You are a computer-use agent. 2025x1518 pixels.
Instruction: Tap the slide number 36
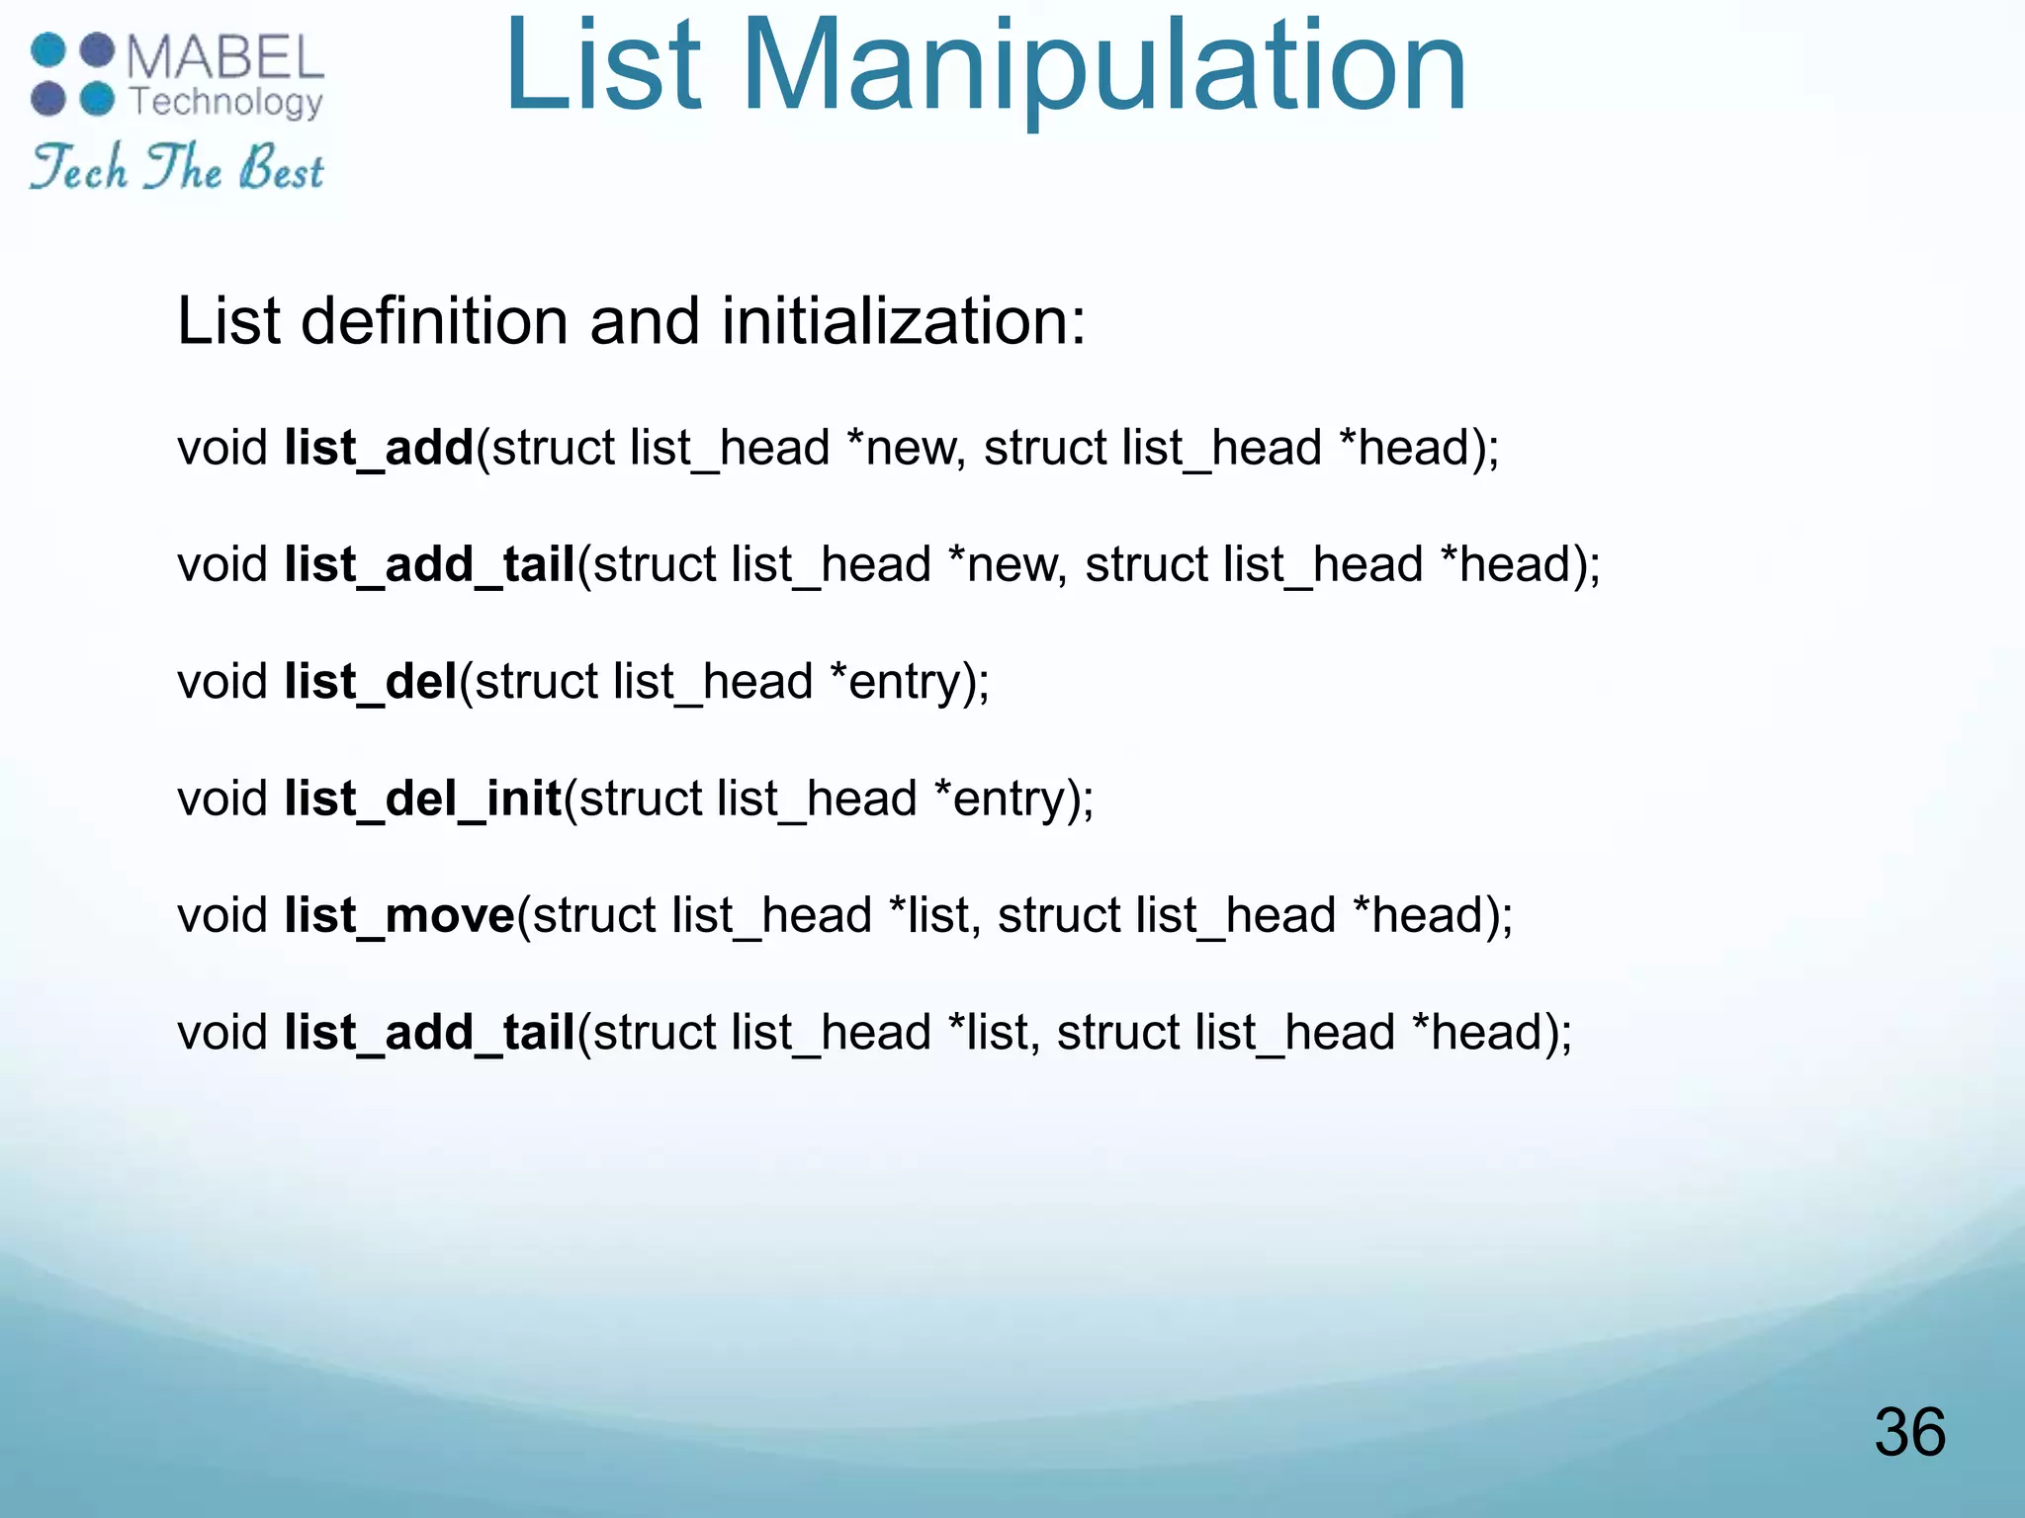pyautogui.click(x=1909, y=1432)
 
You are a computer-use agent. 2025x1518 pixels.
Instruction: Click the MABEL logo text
pyautogui.click(x=225, y=57)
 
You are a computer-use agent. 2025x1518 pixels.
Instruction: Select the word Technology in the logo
pyautogui.click(x=226, y=102)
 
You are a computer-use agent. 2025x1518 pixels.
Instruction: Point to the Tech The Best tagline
pyautogui.click(x=177, y=167)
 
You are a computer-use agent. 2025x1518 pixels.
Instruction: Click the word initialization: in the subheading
pyautogui.click(x=904, y=322)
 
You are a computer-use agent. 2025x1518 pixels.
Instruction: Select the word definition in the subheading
pyautogui.click(x=434, y=322)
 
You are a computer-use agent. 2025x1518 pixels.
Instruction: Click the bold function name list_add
pyautogui.click(x=379, y=449)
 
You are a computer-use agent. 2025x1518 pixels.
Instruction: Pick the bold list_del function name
pyautogui.click(x=371, y=682)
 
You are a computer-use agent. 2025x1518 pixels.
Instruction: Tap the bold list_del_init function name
pyautogui.click(x=423, y=799)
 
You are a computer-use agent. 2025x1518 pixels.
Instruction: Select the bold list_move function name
pyautogui.click(x=399, y=915)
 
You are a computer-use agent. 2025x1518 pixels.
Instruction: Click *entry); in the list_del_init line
pyautogui.click(x=1013, y=799)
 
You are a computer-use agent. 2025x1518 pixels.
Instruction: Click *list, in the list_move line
pyautogui.click(x=934, y=915)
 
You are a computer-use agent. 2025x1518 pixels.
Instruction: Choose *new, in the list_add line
pyautogui.click(x=907, y=449)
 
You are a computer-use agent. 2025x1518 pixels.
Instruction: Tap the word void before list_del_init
pyautogui.click(x=222, y=799)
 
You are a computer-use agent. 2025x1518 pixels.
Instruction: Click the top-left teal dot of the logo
pyautogui.click(x=47, y=49)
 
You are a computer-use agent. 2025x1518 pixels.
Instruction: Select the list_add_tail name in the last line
pyautogui.click(x=430, y=1033)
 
